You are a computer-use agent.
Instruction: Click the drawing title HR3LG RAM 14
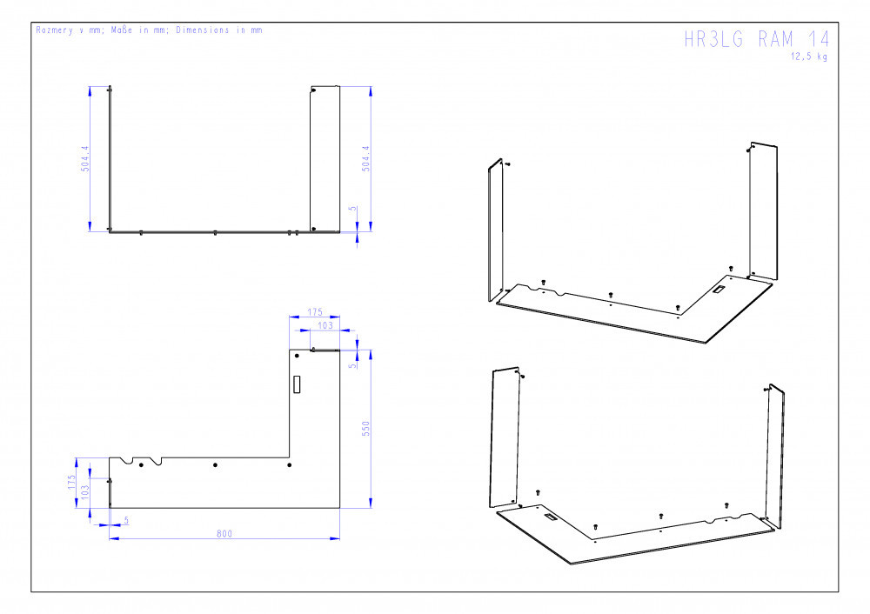(x=757, y=39)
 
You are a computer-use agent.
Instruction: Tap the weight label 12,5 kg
(x=809, y=57)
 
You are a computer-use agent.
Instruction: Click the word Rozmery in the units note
(x=54, y=30)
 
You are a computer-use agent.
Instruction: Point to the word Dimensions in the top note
(x=203, y=30)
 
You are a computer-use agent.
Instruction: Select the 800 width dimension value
(x=224, y=534)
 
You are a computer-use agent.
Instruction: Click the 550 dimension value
(x=365, y=428)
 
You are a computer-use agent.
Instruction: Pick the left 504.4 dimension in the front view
(x=85, y=158)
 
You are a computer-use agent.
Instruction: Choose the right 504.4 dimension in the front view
(x=365, y=158)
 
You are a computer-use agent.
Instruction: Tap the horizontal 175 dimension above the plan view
(x=315, y=312)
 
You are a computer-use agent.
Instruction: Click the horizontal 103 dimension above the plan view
(x=325, y=325)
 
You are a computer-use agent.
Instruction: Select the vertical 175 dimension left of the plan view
(x=71, y=482)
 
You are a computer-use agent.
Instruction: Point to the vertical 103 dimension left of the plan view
(x=85, y=492)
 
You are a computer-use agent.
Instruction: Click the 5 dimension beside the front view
(x=352, y=209)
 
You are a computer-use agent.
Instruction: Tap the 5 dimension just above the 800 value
(x=126, y=520)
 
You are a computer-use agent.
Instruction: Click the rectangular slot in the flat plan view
(x=297, y=384)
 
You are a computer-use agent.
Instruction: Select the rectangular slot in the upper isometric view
(x=719, y=290)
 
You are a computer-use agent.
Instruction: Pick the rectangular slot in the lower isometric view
(x=551, y=517)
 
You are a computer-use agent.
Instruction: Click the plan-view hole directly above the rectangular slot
(x=297, y=356)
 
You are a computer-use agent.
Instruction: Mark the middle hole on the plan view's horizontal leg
(x=215, y=464)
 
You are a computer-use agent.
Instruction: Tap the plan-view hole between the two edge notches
(x=141, y=464)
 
